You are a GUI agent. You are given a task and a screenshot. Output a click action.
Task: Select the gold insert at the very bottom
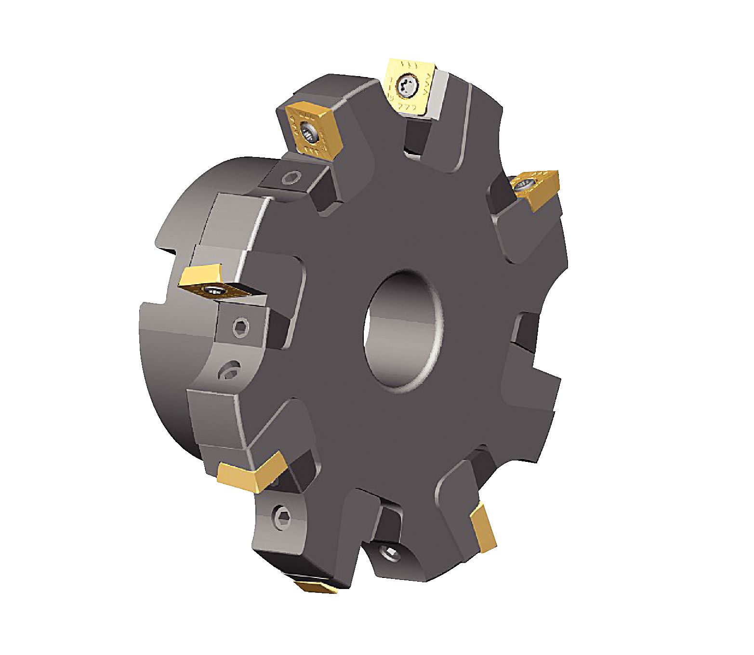[x=316, y=586]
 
